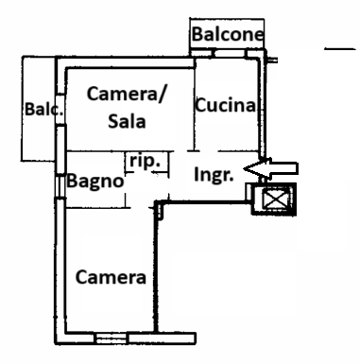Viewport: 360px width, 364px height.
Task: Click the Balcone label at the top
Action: pos(226,35)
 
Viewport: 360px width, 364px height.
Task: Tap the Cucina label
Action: pos(226,107)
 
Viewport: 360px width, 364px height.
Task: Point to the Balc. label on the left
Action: pos(43,111)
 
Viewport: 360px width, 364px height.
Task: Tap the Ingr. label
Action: pos(214,176)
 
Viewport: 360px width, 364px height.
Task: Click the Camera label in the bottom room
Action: pos(111,278)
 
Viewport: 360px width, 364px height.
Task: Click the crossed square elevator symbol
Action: pos(276,201)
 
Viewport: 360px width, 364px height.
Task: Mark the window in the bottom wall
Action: pos(145,336)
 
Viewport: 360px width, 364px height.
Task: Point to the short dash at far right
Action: pos(334,47)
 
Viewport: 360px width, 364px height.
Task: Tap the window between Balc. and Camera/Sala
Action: pos(60,109)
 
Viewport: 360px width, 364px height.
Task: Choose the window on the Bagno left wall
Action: pos(60,183)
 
